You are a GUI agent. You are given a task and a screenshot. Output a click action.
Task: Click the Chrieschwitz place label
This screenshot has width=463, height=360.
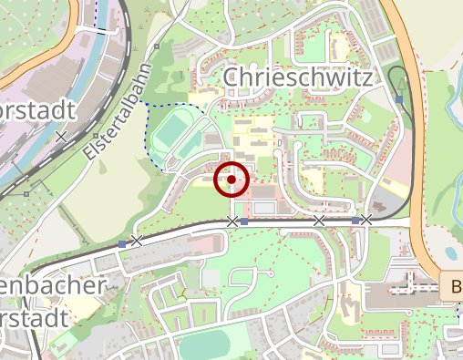(x=297, y=78)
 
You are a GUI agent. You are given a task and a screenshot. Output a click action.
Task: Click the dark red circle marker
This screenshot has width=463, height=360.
(x=231, y=180)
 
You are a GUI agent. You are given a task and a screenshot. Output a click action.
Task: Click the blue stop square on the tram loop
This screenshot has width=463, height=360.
(x=399, y=98)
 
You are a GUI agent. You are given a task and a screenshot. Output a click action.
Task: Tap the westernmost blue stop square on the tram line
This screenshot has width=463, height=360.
(x=122, y=243)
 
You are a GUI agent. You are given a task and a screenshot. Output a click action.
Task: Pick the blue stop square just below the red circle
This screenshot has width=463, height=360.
(x=243, y=221)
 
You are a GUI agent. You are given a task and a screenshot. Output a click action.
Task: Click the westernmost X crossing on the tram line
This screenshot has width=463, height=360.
(x=136, y=241)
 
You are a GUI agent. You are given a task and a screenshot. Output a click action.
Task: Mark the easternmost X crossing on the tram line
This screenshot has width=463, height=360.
(x=365, y=220)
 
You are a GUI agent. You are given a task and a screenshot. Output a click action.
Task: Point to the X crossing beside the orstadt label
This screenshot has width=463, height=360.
(x=61, y=137)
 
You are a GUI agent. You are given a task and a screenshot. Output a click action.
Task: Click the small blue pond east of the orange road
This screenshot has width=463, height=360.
(x=450, y=252)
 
